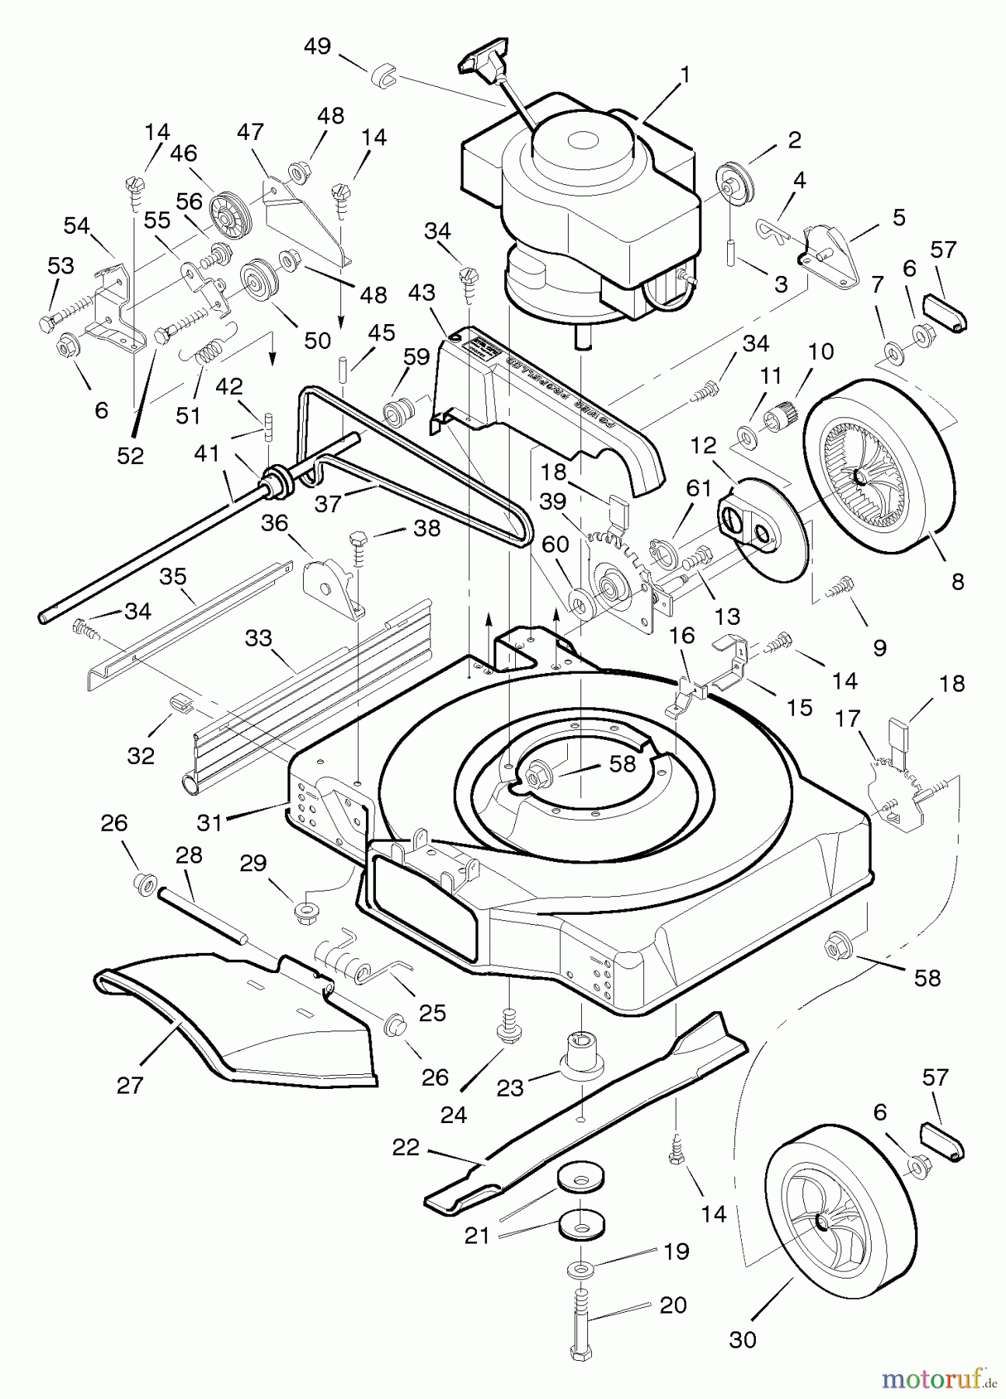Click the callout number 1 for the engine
click(684, 75)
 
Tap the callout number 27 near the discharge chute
click(130, 1084)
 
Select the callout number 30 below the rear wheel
click(743, 1340)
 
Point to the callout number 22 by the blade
click(406, 1147)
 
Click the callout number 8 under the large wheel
click(958, 581)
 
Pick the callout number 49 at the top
click(317, 47)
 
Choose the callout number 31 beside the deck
click(210, 822)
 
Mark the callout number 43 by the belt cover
click(422, 294)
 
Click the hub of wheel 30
click(821, 1223)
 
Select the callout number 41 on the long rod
click(207, 453)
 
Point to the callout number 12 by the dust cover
click(702, 447)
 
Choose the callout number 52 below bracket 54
click(131, 456)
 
